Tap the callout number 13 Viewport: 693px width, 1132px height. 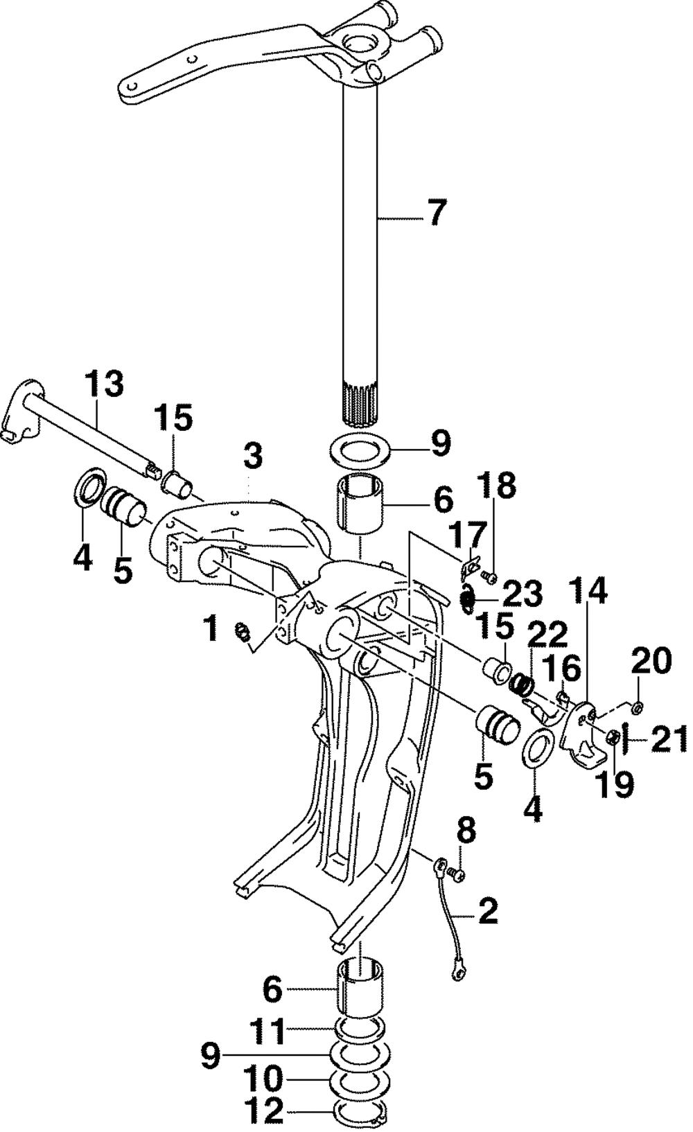(x=104, y=384)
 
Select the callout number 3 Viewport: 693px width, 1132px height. (x=253, y=457)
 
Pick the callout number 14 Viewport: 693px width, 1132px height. (x=589, y=593)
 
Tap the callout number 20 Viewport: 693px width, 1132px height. (x=651, y=662)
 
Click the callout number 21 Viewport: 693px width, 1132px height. (x=668, y=740)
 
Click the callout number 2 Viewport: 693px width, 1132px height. (x=488, y=911)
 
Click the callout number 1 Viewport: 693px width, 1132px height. (x=210, y=628)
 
